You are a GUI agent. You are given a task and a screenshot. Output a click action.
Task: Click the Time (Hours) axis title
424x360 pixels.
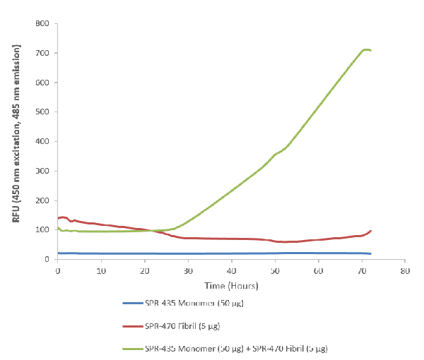point(230,286)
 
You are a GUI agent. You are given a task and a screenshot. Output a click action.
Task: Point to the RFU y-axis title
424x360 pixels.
point(16,134)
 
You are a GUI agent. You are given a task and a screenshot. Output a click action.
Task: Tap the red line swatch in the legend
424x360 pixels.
point(131,326)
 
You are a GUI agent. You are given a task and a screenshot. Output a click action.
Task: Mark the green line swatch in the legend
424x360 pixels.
point(131,349)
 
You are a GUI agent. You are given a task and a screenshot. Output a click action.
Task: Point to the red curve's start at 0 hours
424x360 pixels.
point(58,218)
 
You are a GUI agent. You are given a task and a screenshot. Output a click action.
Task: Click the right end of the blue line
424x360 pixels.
point(370,253)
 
